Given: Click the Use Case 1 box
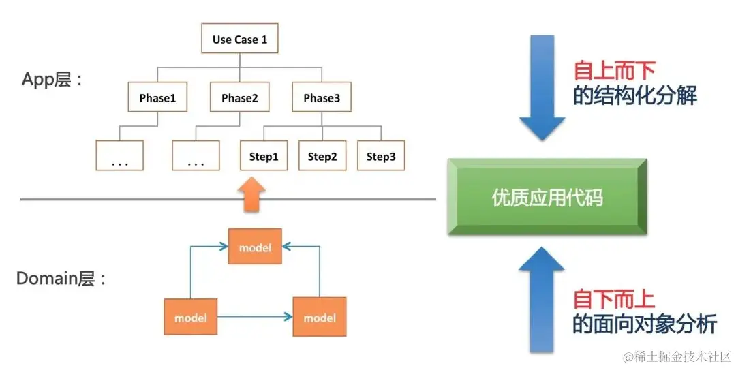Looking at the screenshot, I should click(239, 40).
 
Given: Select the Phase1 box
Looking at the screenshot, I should click(157, 98).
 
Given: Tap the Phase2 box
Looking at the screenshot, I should click(239, 98).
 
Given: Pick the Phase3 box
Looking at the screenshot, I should click(322, 98).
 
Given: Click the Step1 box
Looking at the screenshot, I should click(264, 156).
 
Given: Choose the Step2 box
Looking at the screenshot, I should click(322, 156).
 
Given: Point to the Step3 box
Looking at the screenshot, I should click(381, 156).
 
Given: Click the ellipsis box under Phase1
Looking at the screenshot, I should click(119, 156).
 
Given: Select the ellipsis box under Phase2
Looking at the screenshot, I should click(196, 156).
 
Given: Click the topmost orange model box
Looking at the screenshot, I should click(254, 247).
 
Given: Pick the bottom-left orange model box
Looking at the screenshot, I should click(190, 318).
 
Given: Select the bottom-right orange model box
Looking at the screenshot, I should click(319, 318).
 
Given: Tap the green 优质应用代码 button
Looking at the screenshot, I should click(547, 198).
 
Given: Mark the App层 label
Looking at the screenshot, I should click(51, 80).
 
